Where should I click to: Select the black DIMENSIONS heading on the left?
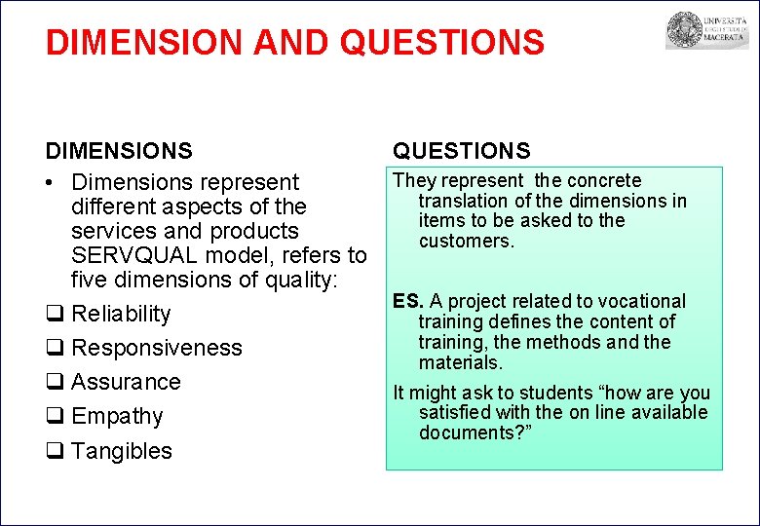(x=119, y=151)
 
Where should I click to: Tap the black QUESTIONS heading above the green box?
(x=462, y=151)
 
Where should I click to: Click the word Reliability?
(x=121, y=314)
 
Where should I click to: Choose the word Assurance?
(x=126, y=382)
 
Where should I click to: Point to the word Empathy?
(x=117, y=417)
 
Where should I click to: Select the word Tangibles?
(x=122, y=451)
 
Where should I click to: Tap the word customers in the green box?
(x=466, y=241)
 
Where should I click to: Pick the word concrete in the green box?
(x=604, y=180)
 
